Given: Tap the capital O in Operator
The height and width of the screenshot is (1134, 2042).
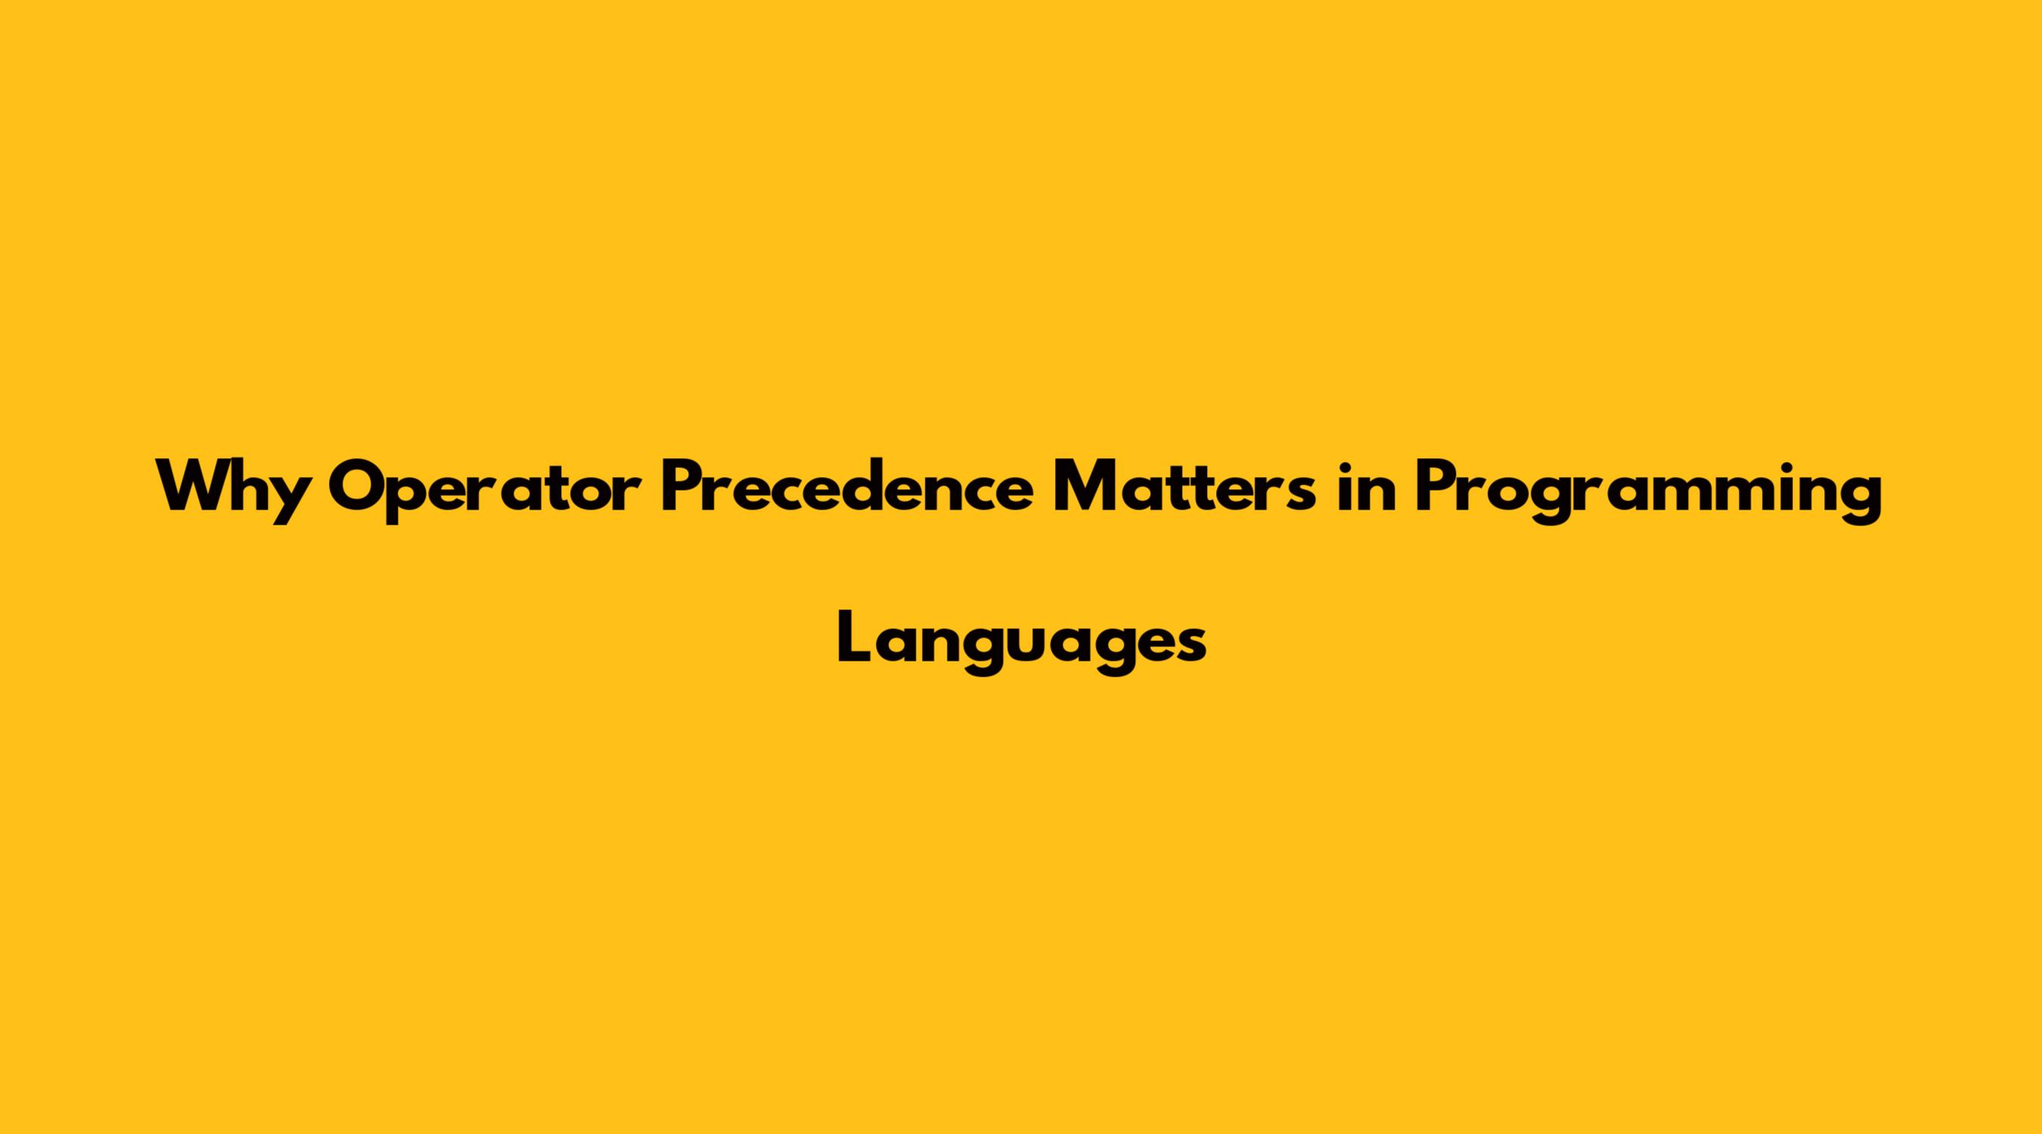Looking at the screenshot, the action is pyautogui.click(x=361, y=486).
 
